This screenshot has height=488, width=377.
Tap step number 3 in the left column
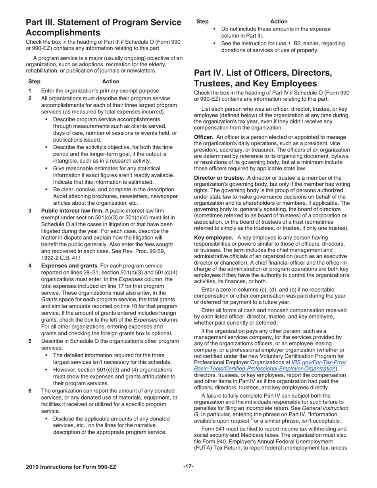pos(30,210)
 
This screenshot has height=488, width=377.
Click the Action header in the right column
pos(279,21)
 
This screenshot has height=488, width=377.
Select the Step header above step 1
pos(34,81)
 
